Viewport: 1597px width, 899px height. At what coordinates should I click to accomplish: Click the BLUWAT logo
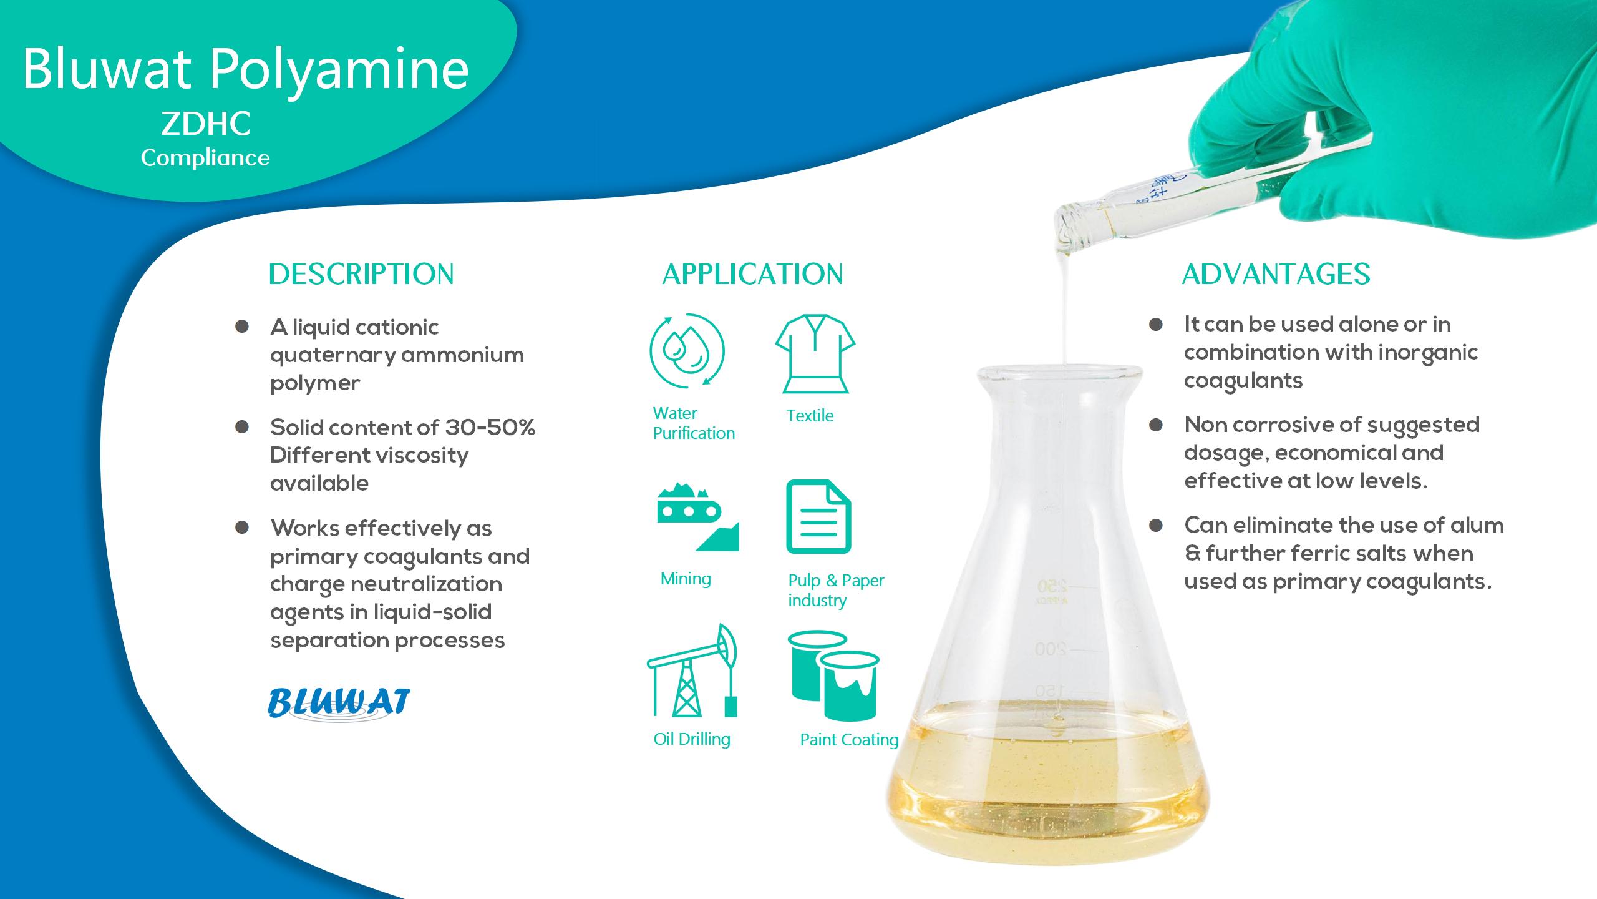[x=339, y=702]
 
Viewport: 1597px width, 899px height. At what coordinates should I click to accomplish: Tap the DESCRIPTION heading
[x=361, y=274]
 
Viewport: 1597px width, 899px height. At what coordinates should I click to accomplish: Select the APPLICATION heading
[x=752, y=274]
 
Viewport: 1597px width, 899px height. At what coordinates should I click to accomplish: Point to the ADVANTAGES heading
[x=1276, y=274]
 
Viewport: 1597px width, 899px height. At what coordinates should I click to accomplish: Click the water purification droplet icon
[x=687, y=351]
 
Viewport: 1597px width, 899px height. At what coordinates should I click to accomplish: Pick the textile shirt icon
[x=815, y=353]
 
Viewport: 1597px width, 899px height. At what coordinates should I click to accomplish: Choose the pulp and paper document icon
[x=818, y=516]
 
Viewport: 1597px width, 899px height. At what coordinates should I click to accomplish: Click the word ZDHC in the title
[x=206, y=124]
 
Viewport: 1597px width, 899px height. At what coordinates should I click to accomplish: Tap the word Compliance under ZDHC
[x=205, y=158]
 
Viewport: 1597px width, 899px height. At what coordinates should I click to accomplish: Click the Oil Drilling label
[x=691, y=739]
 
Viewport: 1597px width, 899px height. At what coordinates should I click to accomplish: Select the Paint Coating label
[x=849, y=740]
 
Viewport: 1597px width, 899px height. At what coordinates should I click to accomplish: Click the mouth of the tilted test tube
[x=1065, y=226]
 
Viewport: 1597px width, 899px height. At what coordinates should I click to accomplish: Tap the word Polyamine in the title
[x=339, y=70]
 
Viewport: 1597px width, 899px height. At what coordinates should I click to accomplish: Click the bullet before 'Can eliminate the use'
[x=1155, y=526]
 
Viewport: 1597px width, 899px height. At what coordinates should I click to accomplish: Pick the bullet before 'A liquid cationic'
[x=242, y=327]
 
